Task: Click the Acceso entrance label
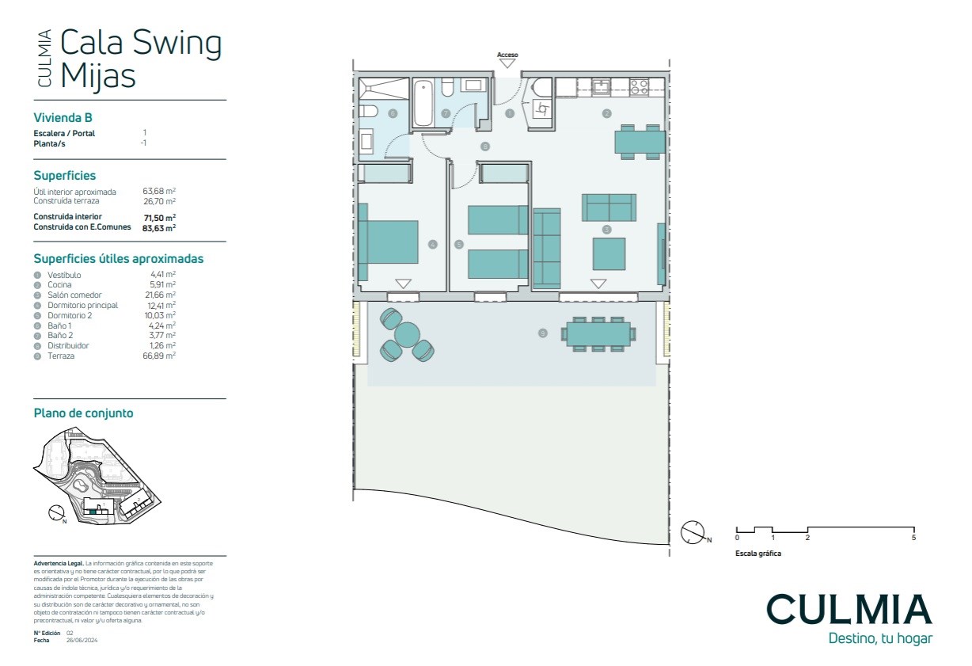(507, 55)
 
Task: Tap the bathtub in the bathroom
(423, 103)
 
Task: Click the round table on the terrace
(408, 335)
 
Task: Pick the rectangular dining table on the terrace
(598, 334)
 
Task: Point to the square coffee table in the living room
(609, 254)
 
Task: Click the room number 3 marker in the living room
(606, 230)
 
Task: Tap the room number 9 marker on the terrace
(542, 333)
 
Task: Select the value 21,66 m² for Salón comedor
(161, 295)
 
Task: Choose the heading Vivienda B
(63, 117)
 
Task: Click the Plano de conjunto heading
(83, 413)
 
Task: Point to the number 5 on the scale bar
(913, 538)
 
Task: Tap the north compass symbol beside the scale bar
(693, 532)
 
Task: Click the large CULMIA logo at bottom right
(849, 609)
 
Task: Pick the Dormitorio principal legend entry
(82, 305)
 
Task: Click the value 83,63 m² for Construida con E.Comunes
(158, 227)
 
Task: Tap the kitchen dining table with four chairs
(640, 141)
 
